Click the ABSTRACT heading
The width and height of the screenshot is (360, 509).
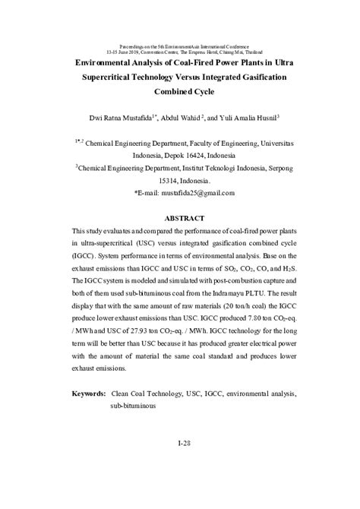180,218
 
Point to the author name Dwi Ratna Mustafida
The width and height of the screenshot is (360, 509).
112,119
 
